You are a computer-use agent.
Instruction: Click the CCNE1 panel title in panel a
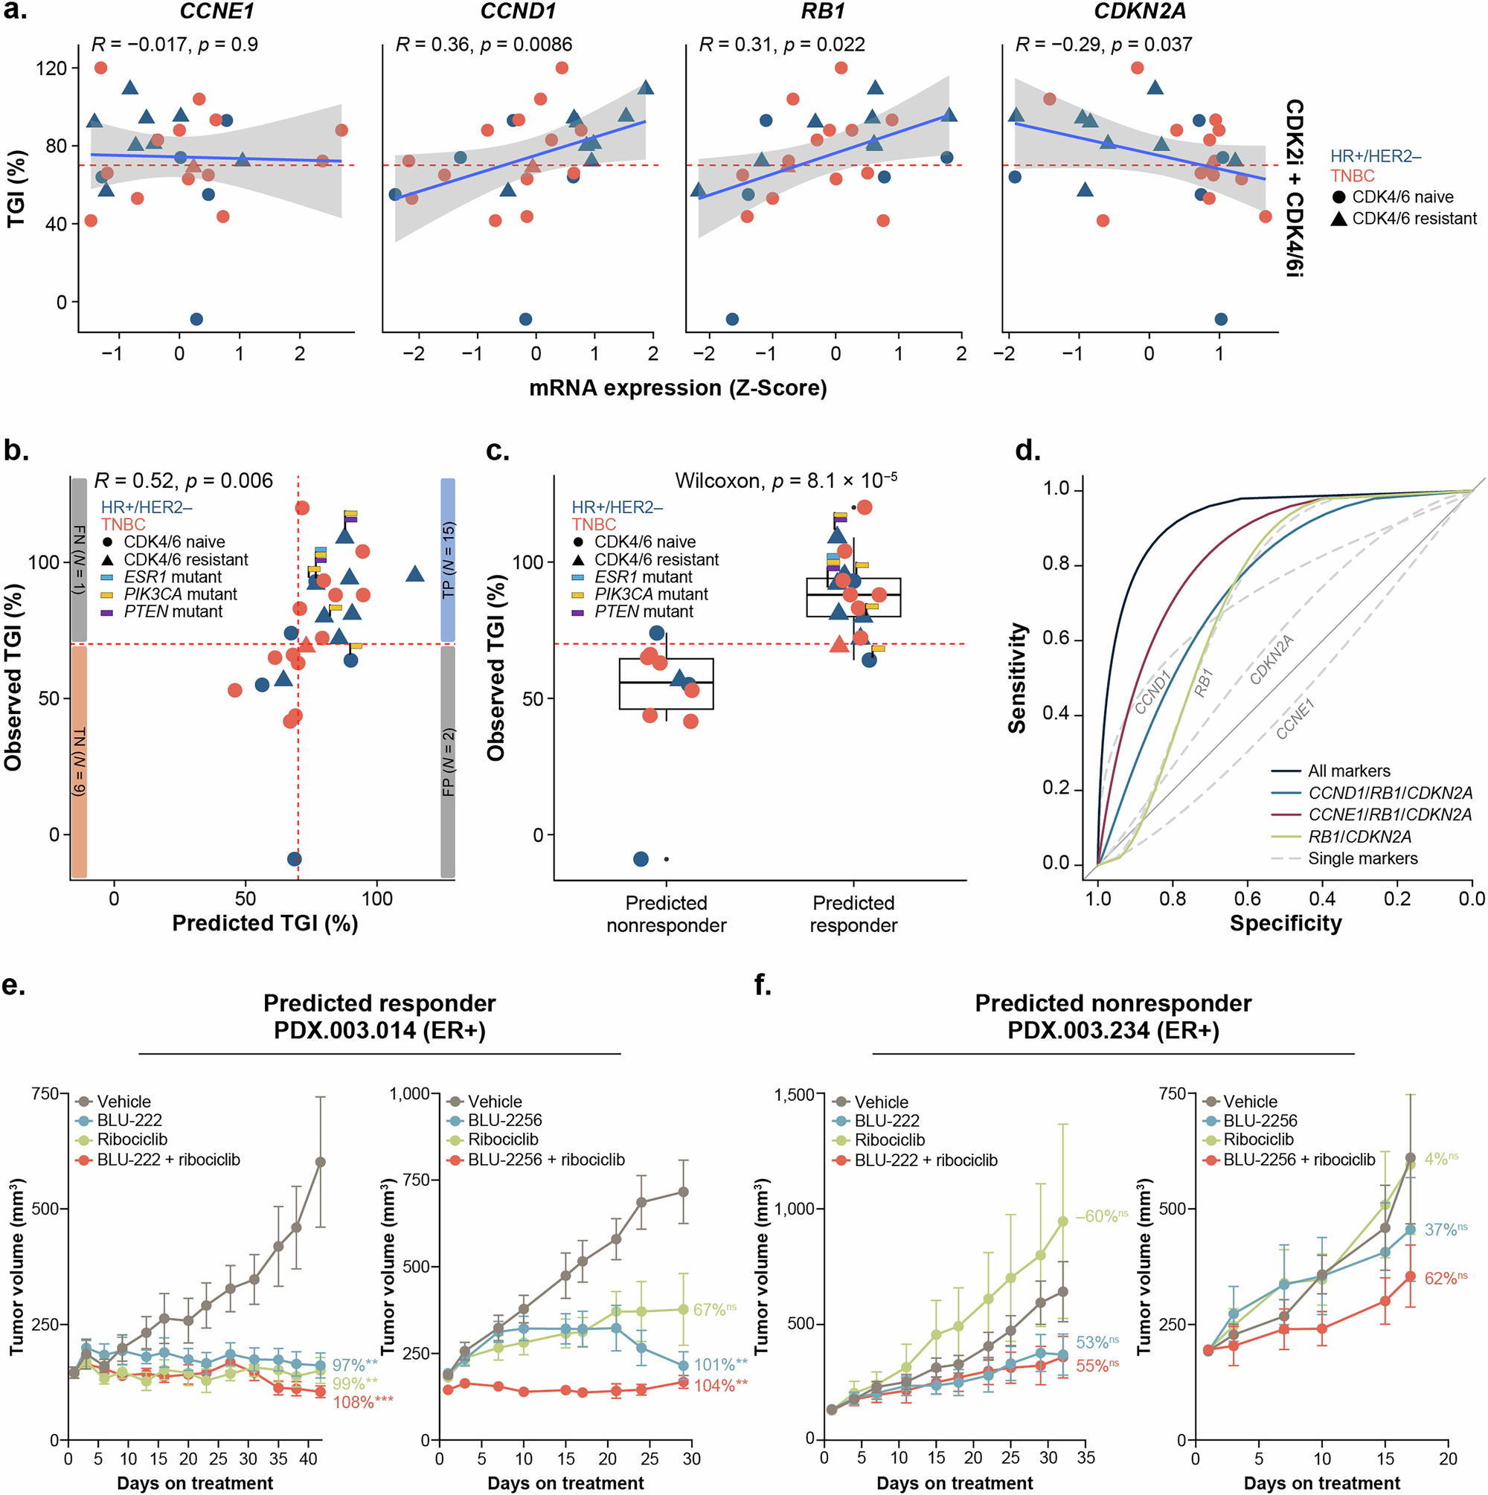[216, 11]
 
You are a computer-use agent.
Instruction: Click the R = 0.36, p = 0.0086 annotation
[484, 45]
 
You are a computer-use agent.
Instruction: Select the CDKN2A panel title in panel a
[1140, 11]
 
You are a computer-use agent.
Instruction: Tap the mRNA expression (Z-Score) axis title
[678, 388]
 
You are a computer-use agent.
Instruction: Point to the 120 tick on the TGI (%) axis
[51, 68]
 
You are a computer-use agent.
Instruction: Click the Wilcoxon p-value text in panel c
[786, 480]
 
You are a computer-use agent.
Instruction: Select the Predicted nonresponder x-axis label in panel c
[666, 914]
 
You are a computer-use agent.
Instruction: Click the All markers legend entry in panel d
[1349, 771]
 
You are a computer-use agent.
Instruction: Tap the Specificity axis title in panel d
[1285, 923]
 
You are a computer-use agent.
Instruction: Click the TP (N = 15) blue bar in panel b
[447, 559]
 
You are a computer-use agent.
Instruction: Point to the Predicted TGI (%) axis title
[265, 923]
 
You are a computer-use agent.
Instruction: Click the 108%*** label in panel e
[362, 1402]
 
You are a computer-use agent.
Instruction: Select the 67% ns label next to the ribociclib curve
[714, 1309]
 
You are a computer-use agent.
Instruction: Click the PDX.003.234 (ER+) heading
[1112, 1031]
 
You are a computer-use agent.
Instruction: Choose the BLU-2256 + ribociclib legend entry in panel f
[1299, 1159]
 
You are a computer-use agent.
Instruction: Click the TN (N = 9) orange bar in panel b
[79, 762]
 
